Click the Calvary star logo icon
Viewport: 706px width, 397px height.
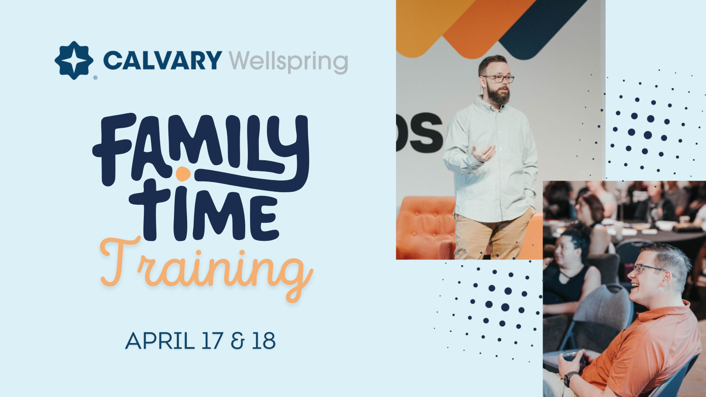point(74,60)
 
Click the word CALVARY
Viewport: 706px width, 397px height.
point(162,60)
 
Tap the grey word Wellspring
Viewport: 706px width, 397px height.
point(288,62)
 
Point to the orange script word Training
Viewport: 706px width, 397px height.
point(206,268)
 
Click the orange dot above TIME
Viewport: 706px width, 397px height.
point(183,174)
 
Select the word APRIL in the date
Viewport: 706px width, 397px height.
point(160,341)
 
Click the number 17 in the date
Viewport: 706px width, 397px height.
point(212,341)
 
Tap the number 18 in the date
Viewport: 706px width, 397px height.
point(264,341)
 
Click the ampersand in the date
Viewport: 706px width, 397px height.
point(238,341)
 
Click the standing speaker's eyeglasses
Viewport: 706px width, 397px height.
point(498,78)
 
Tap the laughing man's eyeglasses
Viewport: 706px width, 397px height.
point(649,268)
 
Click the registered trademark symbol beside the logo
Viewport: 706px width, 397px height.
point(95,78)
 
